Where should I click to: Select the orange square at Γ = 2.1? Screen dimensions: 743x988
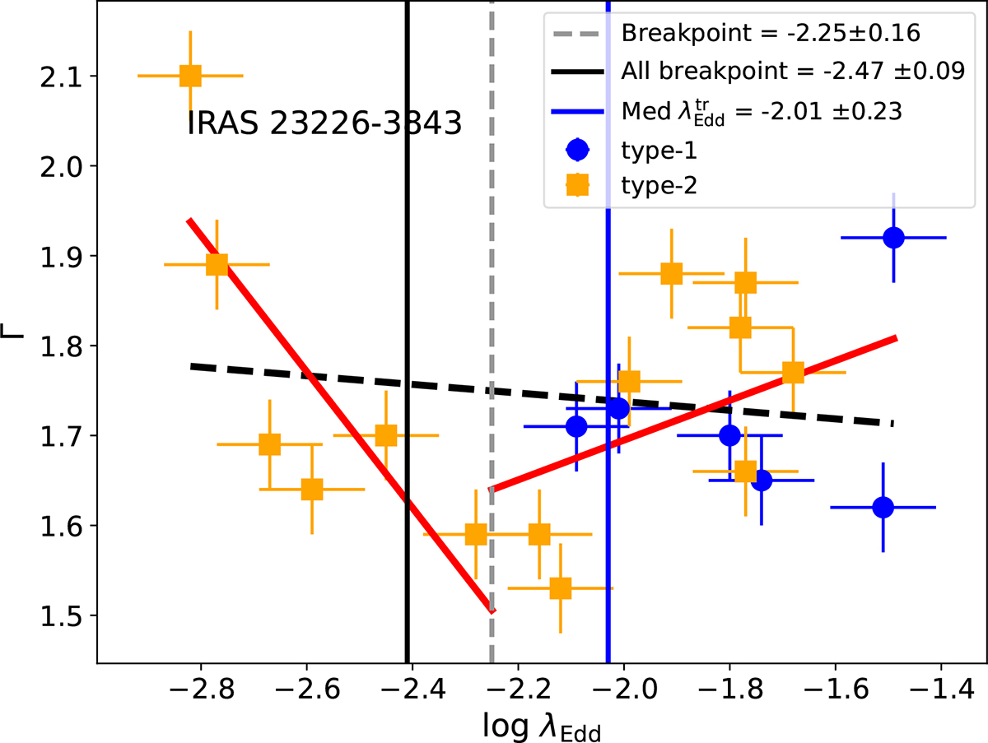point(190,76)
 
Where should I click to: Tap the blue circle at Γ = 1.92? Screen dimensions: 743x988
point(893,238)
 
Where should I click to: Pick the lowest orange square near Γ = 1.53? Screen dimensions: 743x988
point(561,588)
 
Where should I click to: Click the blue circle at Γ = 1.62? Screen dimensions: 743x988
point(883,507)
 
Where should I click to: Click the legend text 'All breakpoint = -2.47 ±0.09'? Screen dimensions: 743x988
point(793,71)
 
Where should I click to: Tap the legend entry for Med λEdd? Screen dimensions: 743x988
point(762,109)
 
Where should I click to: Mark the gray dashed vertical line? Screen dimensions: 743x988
point(492,247)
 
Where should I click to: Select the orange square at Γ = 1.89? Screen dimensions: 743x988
point(217,264)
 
